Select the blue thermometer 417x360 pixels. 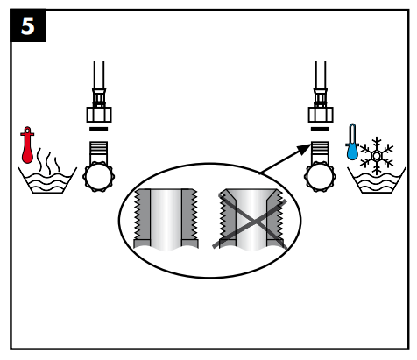click(351, 141)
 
